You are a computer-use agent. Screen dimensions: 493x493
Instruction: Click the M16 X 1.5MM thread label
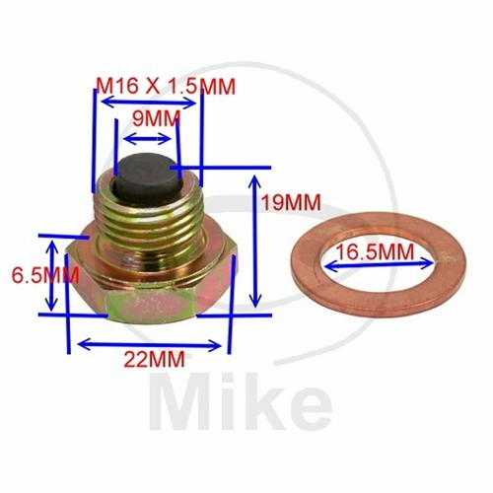[x=166, y=87]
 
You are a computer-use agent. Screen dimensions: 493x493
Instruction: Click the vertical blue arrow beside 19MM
[x=254, y=241]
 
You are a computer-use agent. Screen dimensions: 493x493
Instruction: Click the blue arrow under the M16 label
[x=148, y=102]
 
